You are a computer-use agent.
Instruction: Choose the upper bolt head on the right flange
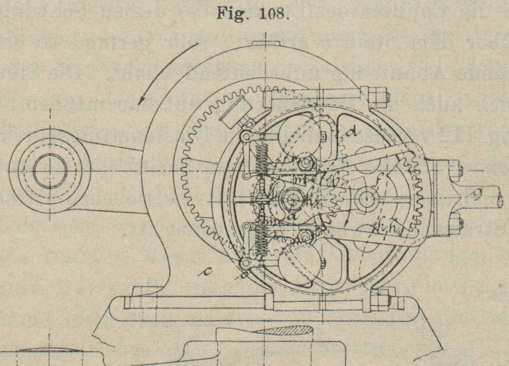[x=458, y=170]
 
